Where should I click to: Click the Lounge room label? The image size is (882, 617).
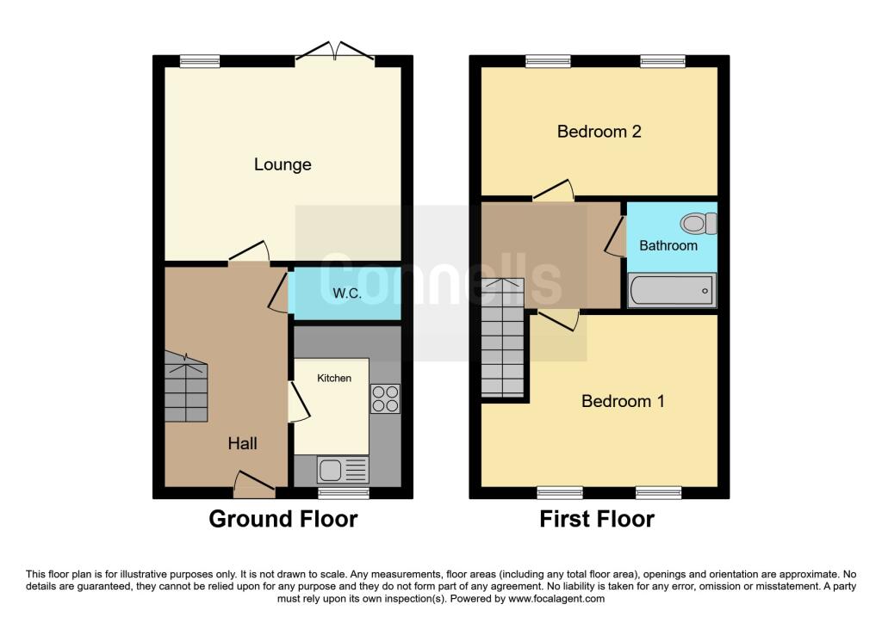coord(283,164)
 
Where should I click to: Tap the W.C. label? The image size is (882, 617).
coord(347,293)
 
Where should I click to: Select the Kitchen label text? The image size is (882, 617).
coord(334,378)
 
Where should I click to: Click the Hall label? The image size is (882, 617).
coord(242,443)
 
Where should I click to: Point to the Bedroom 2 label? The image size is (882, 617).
coord(599,132)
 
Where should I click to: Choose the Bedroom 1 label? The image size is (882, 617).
coord(623,401)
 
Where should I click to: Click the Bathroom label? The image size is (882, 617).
coord(668,245)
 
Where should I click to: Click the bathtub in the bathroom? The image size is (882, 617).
coord(672,290)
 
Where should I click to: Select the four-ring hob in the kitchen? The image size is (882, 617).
coord(385,399)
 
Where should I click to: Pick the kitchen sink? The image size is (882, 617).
coord(341,469)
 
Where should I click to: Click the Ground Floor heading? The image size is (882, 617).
coord(283,519)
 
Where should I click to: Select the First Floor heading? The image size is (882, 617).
coord(597,519)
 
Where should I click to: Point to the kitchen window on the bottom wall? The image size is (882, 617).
coord(344,492)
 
